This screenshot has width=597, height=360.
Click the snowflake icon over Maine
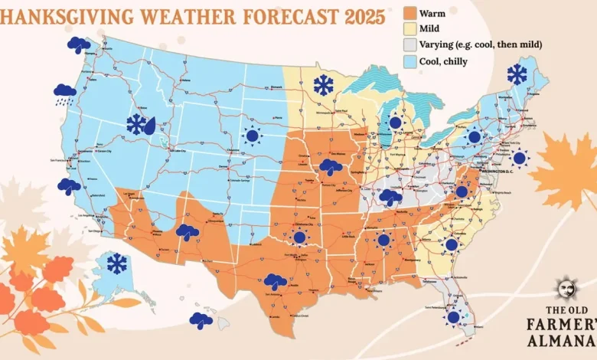pos(517,74)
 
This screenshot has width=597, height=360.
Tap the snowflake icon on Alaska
pos(117,264)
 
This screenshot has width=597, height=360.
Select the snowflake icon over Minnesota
pos(324,85)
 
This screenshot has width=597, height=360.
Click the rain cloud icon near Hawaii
pos(201,320)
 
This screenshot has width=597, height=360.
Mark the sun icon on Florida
pos(454,317)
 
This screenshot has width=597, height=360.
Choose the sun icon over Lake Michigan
pos(395,123)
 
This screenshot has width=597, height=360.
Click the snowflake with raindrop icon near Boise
pos(141,125)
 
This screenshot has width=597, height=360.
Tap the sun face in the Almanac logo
pos(567,290)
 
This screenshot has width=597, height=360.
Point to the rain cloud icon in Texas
pos(276,282)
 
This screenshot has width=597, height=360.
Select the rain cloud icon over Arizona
pos(188,231)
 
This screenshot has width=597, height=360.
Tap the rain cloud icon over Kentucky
pos(391,197)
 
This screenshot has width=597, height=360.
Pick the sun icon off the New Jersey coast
pos(520,159)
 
